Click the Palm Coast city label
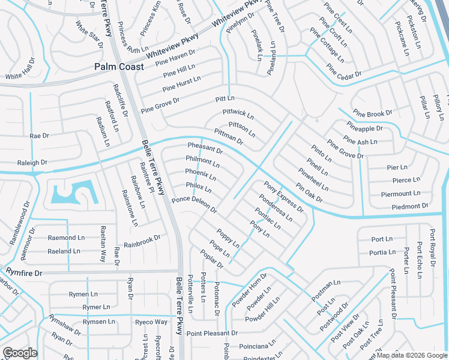(119, 67)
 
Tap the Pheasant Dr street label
(205, 148)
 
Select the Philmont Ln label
(202, 161)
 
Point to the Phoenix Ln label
(200, 175)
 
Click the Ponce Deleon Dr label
(194, 204)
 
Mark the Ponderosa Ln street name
(276, 207)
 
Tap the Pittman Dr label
(228, 137)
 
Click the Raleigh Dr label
(32, 163)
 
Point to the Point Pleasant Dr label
(212, 333)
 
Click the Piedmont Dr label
(409, 206)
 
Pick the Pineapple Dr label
(364, 128)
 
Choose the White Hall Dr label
(21, 77)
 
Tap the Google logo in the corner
(20, 353)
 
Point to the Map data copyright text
(411, 355)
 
